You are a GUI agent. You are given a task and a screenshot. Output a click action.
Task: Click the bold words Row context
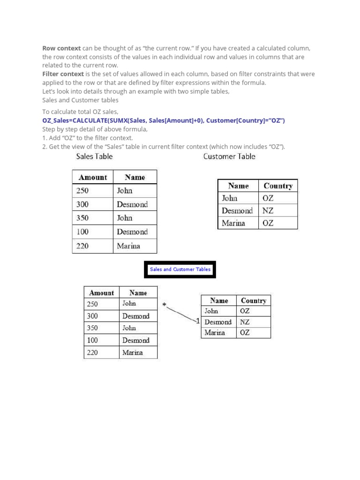(61, 48)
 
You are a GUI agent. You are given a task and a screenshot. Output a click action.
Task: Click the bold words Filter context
(63, 74)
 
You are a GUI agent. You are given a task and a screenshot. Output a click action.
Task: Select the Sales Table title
(94, 157)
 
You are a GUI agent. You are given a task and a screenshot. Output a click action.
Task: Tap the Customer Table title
(229, 157)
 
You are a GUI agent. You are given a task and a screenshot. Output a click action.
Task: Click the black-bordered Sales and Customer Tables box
(180, 270)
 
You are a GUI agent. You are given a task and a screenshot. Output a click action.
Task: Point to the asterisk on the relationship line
(164, 306)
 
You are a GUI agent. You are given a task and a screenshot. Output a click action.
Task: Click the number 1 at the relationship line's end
(198, 321)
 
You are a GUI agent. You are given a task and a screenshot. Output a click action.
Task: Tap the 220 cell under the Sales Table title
(82, 246)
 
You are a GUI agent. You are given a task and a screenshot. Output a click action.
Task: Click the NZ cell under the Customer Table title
(268, 210)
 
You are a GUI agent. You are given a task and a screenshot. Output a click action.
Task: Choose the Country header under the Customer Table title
(278, 186)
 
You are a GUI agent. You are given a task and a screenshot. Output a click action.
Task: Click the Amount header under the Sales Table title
(93, 177)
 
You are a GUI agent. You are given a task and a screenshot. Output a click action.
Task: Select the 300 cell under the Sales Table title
(82, 204)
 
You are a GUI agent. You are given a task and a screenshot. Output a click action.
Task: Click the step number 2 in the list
(44, 147)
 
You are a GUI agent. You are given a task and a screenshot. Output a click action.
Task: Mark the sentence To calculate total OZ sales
(80, 112)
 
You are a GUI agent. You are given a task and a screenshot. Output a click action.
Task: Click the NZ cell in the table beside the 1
(245, 322)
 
